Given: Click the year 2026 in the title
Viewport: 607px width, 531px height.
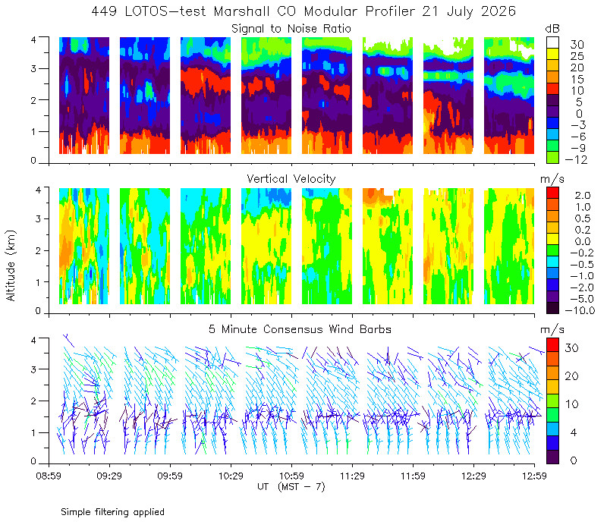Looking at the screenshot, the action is (498, 11).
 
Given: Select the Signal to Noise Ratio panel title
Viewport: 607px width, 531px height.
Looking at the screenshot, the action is (291, 29).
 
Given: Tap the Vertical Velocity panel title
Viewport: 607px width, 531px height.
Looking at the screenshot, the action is (291, 179).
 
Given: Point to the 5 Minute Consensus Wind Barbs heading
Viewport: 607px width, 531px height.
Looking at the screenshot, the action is (300, 329).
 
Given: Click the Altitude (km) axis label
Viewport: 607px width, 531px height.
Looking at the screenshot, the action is (11, 265).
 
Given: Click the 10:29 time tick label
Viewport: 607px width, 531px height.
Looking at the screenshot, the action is (231, 476).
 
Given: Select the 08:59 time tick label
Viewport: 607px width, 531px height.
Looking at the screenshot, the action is (49, 476).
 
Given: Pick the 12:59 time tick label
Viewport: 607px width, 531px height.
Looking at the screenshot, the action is (534, 476).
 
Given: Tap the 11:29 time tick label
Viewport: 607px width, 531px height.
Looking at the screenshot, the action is (352, 476).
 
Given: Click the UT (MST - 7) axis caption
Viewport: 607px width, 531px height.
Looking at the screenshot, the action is (291, 486).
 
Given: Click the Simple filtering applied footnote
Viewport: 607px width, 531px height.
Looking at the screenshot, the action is (112, 512).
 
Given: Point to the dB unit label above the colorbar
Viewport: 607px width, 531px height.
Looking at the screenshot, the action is (552, 29).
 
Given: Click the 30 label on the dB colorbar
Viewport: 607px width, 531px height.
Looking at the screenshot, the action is (577, 45).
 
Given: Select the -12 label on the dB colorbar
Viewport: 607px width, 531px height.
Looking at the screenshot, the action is (576, 159).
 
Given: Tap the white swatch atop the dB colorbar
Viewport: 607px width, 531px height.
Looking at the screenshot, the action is (552, 42).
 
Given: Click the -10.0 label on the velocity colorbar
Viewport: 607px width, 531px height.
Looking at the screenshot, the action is (580, 310).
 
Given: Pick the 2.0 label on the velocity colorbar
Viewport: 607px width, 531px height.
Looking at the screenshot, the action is (583, 196).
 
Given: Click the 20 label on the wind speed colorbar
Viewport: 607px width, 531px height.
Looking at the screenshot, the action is (571, 375).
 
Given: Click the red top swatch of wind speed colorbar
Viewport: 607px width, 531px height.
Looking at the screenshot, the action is (552, 345).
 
